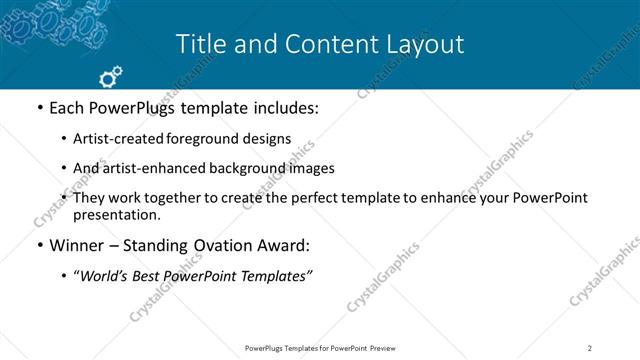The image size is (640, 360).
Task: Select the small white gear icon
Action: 111,75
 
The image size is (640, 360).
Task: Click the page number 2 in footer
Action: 590,347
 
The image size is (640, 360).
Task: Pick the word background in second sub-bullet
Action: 232,168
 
